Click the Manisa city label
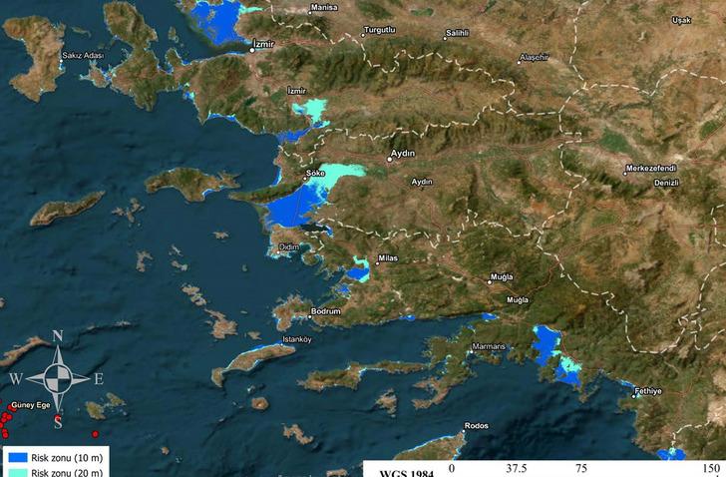point(325,8)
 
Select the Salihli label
point(457,33)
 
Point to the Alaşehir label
point(534,58)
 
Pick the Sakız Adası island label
point(83,57)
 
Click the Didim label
point(289,246)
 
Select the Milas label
point(388,258)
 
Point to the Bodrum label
point(326,312)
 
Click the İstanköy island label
point(298,339)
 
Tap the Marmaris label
point(491,347)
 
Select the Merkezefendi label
point(652,169)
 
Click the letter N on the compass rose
point(58,336)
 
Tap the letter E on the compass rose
point(99,379)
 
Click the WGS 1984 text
point(407,472)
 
